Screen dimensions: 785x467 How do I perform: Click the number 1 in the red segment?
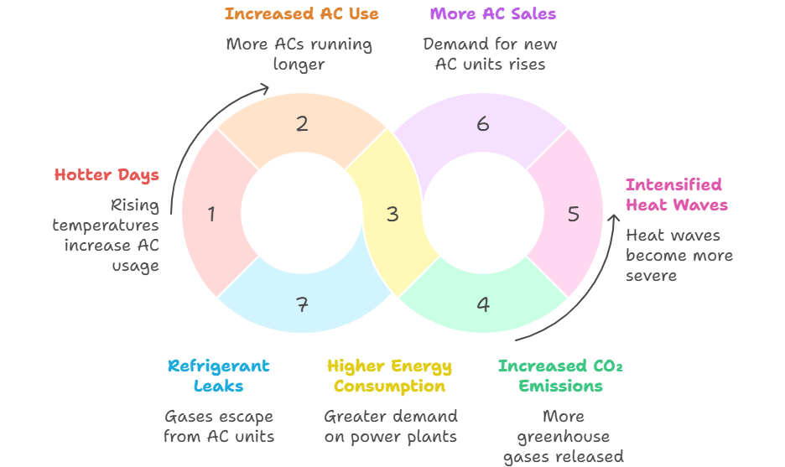click(211, 215)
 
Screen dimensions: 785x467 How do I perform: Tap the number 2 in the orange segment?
click(302, 124)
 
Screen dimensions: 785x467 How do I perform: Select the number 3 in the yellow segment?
click(392, 215)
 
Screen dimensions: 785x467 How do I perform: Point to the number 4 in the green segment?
click(483, 304)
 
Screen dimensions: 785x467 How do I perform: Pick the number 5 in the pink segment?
click(574, 215)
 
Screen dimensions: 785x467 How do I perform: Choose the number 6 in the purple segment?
click(483, 124)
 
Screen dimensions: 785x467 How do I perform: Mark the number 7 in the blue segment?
click(302, 304)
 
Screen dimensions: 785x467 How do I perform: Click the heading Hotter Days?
click(107, 174)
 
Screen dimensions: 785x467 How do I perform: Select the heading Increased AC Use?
click(301, 13)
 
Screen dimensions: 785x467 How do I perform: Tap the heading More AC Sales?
click(492, 13)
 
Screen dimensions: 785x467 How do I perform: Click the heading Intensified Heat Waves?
click(676, 195)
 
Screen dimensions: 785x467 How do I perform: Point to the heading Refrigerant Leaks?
click(218, 376)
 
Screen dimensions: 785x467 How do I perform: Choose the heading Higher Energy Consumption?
click(389, 376)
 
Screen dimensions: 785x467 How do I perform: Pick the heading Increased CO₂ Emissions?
click(560, 376)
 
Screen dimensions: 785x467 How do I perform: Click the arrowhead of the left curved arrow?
click(265, 86)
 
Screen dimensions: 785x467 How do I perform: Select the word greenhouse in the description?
click(563, 436)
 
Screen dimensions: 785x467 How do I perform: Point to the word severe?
click(651, 275)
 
